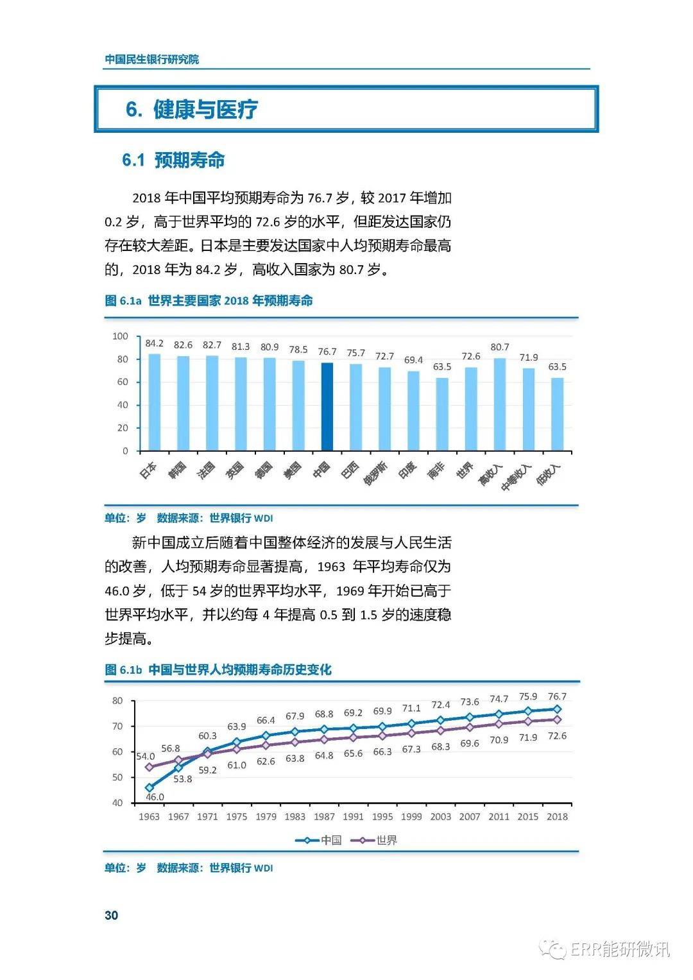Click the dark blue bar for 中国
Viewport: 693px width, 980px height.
pyautogui.click(x=327, y=407)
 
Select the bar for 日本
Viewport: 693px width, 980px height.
pyautogui.click(x=155, y=402)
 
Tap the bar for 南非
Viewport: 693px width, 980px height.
pyautogui.click(x=442, y=414)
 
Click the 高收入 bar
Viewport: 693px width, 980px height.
pyautogui.click(x=500, y=404)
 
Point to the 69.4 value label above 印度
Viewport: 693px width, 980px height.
pyautogui.click(x=414, y=360)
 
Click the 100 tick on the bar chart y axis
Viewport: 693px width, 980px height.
pyautogui.click(x=121, y=336)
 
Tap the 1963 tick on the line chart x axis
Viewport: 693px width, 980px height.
pyautogui.click(x=149, y=816)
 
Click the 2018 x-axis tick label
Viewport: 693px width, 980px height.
pyautogui.click(x=557, y=816)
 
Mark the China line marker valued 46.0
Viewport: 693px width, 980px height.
pyautogui.click(x=150, y=787)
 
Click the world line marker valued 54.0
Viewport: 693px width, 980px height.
pyautogui.click(x=150, y=767)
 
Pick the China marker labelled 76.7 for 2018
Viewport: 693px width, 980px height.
pyautogui.click(x=557, y=709)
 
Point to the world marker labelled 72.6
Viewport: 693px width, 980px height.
pyautogui.click(x=557, y=719)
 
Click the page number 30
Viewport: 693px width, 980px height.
pyautogui.click(x=111, y=915)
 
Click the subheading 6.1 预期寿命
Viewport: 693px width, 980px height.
pyautogui.click(x=173, y=160)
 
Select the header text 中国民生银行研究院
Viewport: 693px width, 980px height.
pyautogui.click(x=152, y=59)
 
